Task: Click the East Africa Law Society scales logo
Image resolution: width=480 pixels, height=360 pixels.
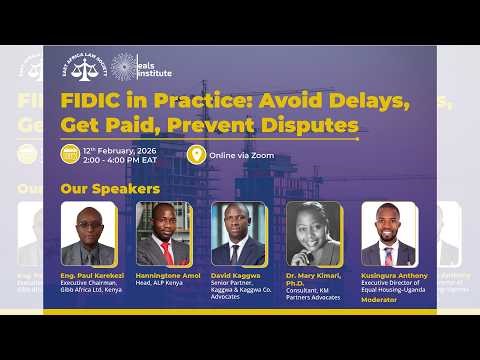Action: click(x=83, y=67)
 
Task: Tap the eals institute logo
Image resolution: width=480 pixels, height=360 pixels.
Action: click(x=141, y=67)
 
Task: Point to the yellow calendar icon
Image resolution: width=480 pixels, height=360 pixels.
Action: click(x=70, y=155)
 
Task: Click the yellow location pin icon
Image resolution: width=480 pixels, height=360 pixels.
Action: click(x=196, y=155)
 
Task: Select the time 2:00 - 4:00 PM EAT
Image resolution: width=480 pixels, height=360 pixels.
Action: click(x=120, y=160)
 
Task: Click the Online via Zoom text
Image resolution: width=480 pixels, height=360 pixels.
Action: click(x=242, y=155)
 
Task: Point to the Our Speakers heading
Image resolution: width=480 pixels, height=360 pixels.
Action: click(x=110, y=188)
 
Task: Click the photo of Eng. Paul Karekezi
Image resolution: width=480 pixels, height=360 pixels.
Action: click(x=88, y=233)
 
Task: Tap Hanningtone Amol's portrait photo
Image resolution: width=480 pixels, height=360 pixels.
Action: click(x=163, y=233)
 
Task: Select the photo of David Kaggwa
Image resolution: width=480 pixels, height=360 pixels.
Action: click(x=238, y=233)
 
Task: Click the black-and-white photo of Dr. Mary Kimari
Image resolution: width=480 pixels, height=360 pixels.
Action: click(x=313, y=233)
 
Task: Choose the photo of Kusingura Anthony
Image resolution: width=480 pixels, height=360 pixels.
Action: click(x=388, y=233)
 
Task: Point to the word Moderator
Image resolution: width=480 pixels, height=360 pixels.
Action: click(x=380, y=299)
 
